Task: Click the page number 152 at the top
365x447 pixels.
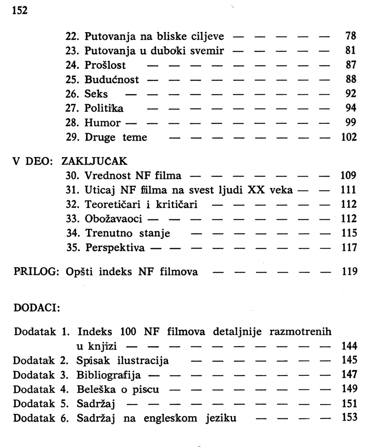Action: click(x=20, y=10)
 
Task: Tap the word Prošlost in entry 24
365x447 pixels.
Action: click(x=105, y=65)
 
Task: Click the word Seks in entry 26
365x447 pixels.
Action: click(x=96, y=94)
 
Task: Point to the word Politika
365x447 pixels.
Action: click(x=104, y=109)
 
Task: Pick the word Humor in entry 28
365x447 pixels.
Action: click(x=102, y=123)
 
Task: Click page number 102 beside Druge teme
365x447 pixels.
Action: click(x=348, y=137)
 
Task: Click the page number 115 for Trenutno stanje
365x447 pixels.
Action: click(x=348, y=233)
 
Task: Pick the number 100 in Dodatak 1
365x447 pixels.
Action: click(x=129, y=332)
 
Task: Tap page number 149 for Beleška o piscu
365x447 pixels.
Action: click(x=348, y=389)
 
